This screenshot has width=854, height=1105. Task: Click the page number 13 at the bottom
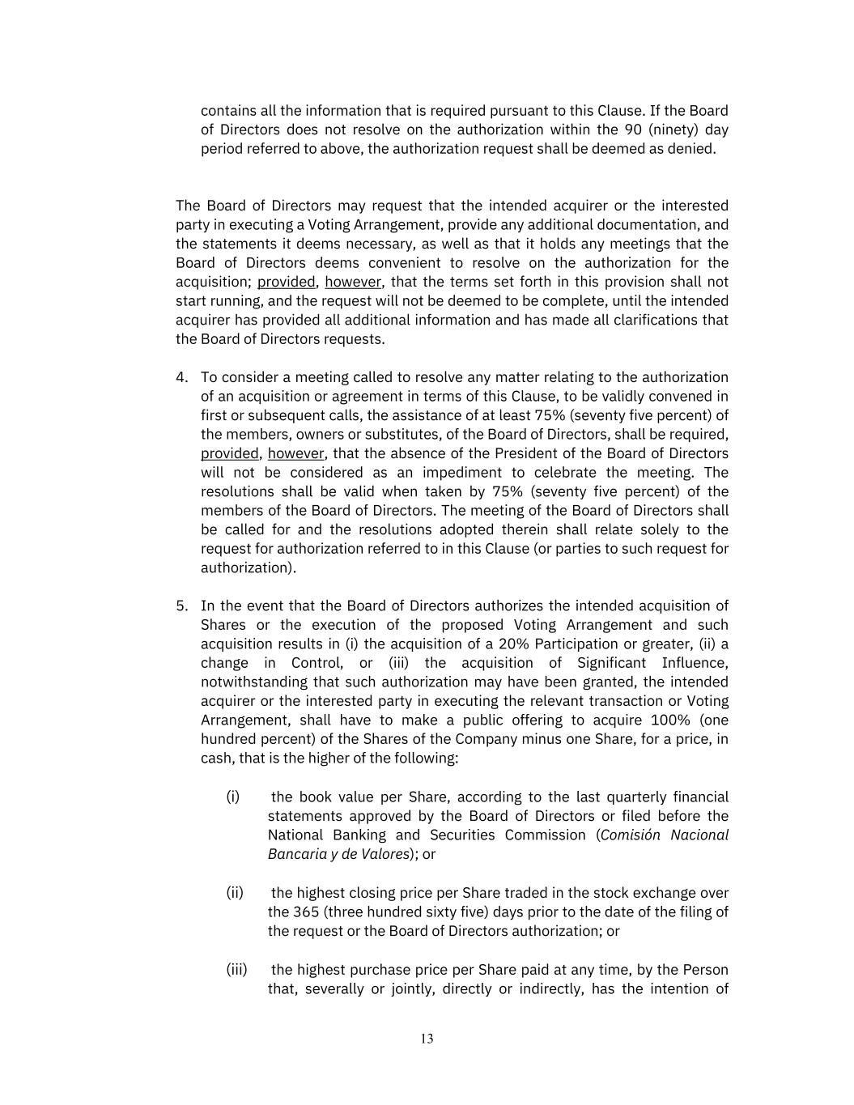point(427,1039)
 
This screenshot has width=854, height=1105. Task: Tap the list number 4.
point(181,377)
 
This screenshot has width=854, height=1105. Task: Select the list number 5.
point(181,606)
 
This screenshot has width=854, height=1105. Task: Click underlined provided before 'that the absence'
point(230,453)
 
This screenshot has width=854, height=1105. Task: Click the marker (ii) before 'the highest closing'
point(235,892)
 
